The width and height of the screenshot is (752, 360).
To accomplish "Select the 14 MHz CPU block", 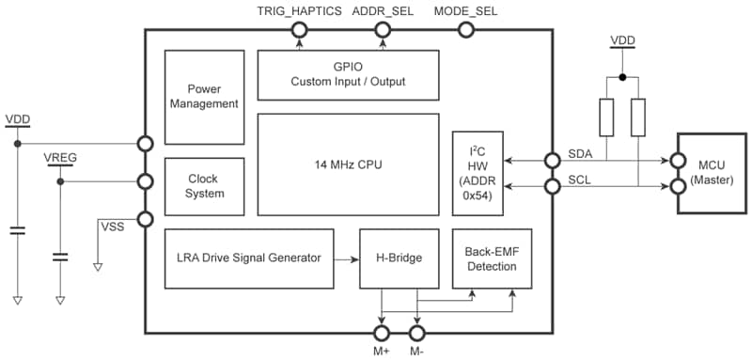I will (x=348, y=164).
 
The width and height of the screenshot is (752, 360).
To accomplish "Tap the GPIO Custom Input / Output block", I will (x=348, y=74).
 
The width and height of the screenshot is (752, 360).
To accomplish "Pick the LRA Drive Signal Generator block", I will (x=249, y=258).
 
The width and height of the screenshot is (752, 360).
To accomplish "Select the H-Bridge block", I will (x=399, y=258).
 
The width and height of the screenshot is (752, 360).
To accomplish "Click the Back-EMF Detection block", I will (x=490, y=258).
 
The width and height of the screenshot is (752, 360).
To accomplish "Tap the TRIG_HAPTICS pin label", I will (x=298, y=11).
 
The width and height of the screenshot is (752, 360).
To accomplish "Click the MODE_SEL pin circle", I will (x=464, y=30).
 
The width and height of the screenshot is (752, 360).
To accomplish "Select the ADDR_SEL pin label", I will (x=383, y=11).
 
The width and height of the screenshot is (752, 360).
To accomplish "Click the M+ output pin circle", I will (x=382, y=332).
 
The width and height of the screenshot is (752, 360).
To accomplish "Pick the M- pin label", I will (x=417, y=351).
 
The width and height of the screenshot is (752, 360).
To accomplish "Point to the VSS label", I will (x=111, y=226).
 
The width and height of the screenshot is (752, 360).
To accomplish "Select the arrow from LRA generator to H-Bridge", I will (x=348, y=258).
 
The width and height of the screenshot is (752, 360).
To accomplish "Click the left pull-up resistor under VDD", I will (x=606, y=117).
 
